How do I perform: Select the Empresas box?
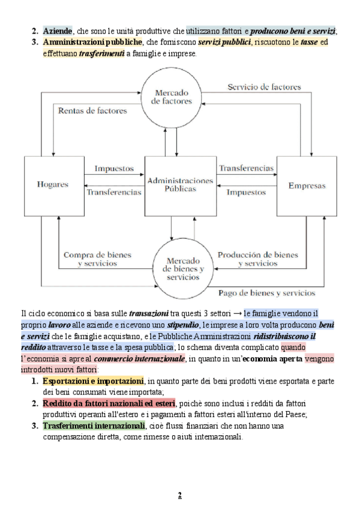[307, 185]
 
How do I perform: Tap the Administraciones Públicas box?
[179, 184]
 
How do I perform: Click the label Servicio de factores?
[264, 87]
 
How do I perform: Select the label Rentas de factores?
[92, 110]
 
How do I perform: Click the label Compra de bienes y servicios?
[97, 259]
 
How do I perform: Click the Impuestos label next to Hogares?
[114, 169]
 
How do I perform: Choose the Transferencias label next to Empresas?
[246, 169]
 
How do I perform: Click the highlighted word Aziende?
[58, 31]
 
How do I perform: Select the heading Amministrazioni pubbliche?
[92, 43]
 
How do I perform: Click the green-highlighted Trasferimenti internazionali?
[94, 426]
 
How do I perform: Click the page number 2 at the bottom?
[179, 495]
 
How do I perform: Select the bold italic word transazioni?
[149, 313]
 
